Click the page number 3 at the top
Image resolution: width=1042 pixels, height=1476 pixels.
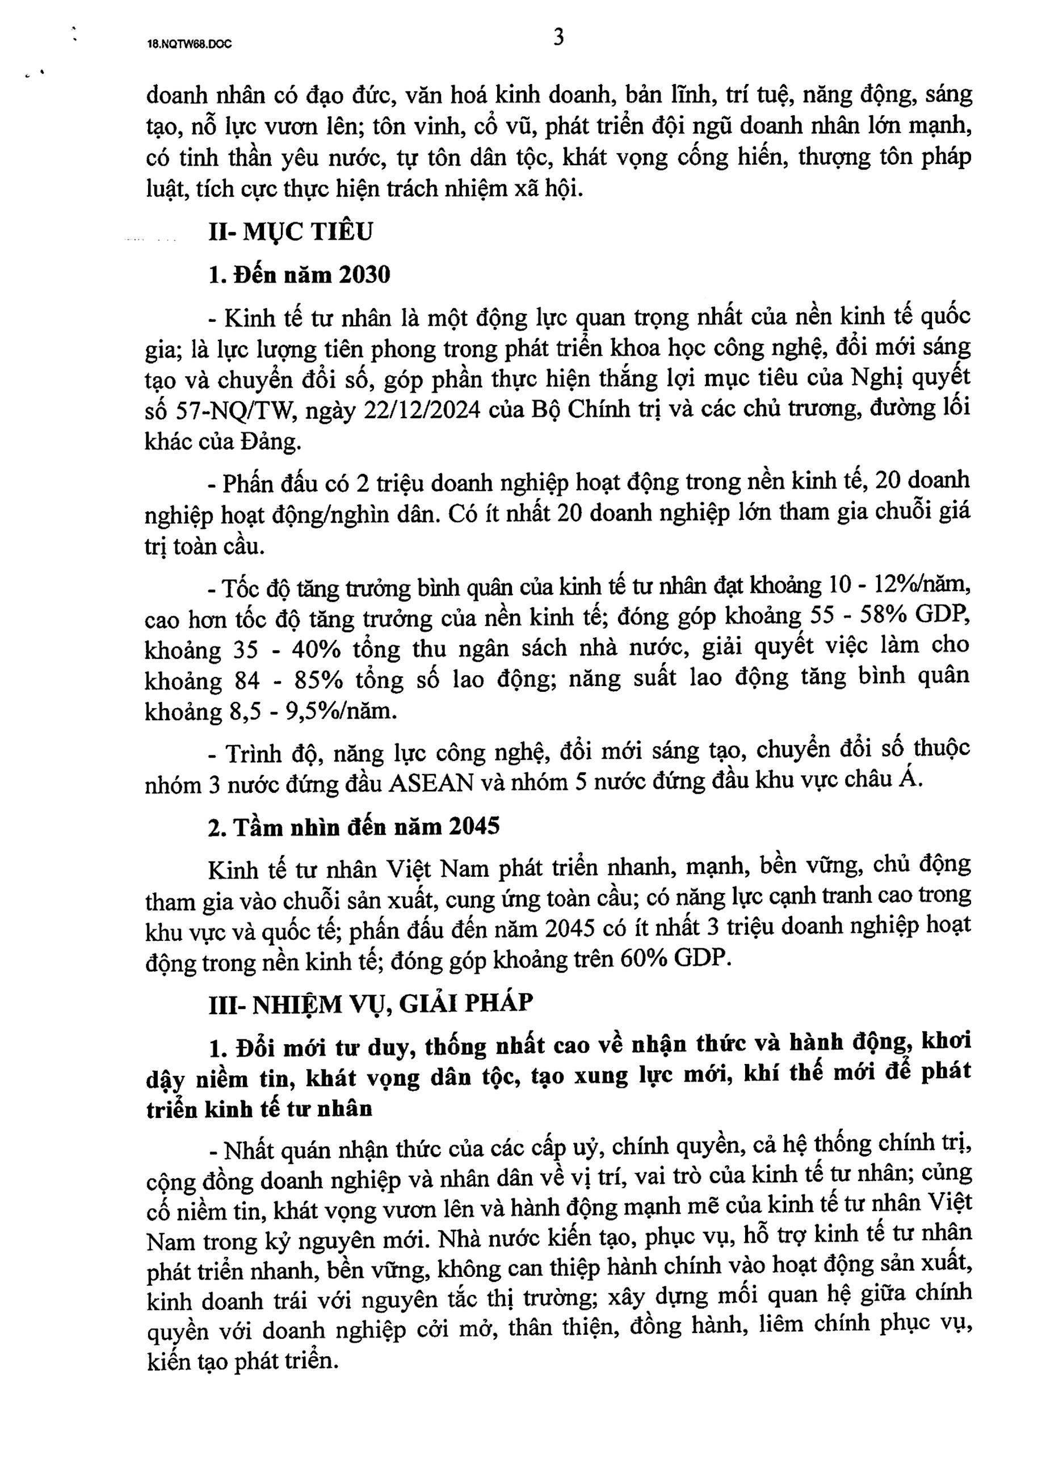point(558,39)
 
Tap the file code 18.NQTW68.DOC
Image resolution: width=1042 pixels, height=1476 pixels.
point(190,44)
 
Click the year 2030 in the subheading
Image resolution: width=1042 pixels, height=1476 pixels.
point(364,275)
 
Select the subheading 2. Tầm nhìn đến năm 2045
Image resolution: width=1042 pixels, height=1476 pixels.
point(354,826)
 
